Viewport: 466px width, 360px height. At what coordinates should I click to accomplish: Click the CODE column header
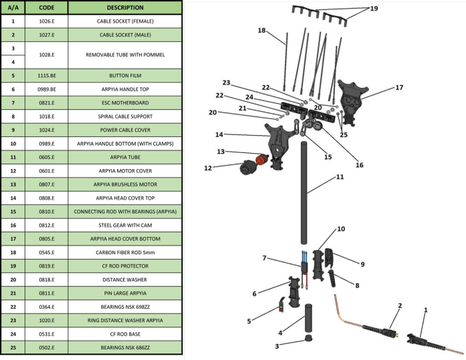point(47,8)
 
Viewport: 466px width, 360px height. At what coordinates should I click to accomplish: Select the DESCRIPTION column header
point(124,8)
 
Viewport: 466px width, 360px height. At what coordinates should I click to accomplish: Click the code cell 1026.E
point(47,21)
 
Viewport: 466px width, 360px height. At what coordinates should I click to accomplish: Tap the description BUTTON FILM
point(124,76)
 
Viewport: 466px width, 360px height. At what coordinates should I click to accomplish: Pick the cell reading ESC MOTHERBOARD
point(124,103)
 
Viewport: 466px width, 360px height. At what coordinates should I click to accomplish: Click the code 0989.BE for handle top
point(47,89)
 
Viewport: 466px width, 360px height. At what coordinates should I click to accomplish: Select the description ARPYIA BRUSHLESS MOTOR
point(124,184)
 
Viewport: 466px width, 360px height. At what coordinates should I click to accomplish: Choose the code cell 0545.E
point(47,252)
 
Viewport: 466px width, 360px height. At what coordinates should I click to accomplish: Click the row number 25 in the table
point(13,347)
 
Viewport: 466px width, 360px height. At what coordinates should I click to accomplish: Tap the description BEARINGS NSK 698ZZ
point(124,307)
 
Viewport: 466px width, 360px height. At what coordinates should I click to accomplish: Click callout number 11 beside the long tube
point(340,178)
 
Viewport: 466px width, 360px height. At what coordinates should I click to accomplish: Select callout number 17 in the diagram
point(399,87)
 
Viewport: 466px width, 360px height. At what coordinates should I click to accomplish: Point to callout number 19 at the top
point(373,9)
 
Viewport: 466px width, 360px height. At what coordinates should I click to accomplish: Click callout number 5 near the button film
point(249,321)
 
